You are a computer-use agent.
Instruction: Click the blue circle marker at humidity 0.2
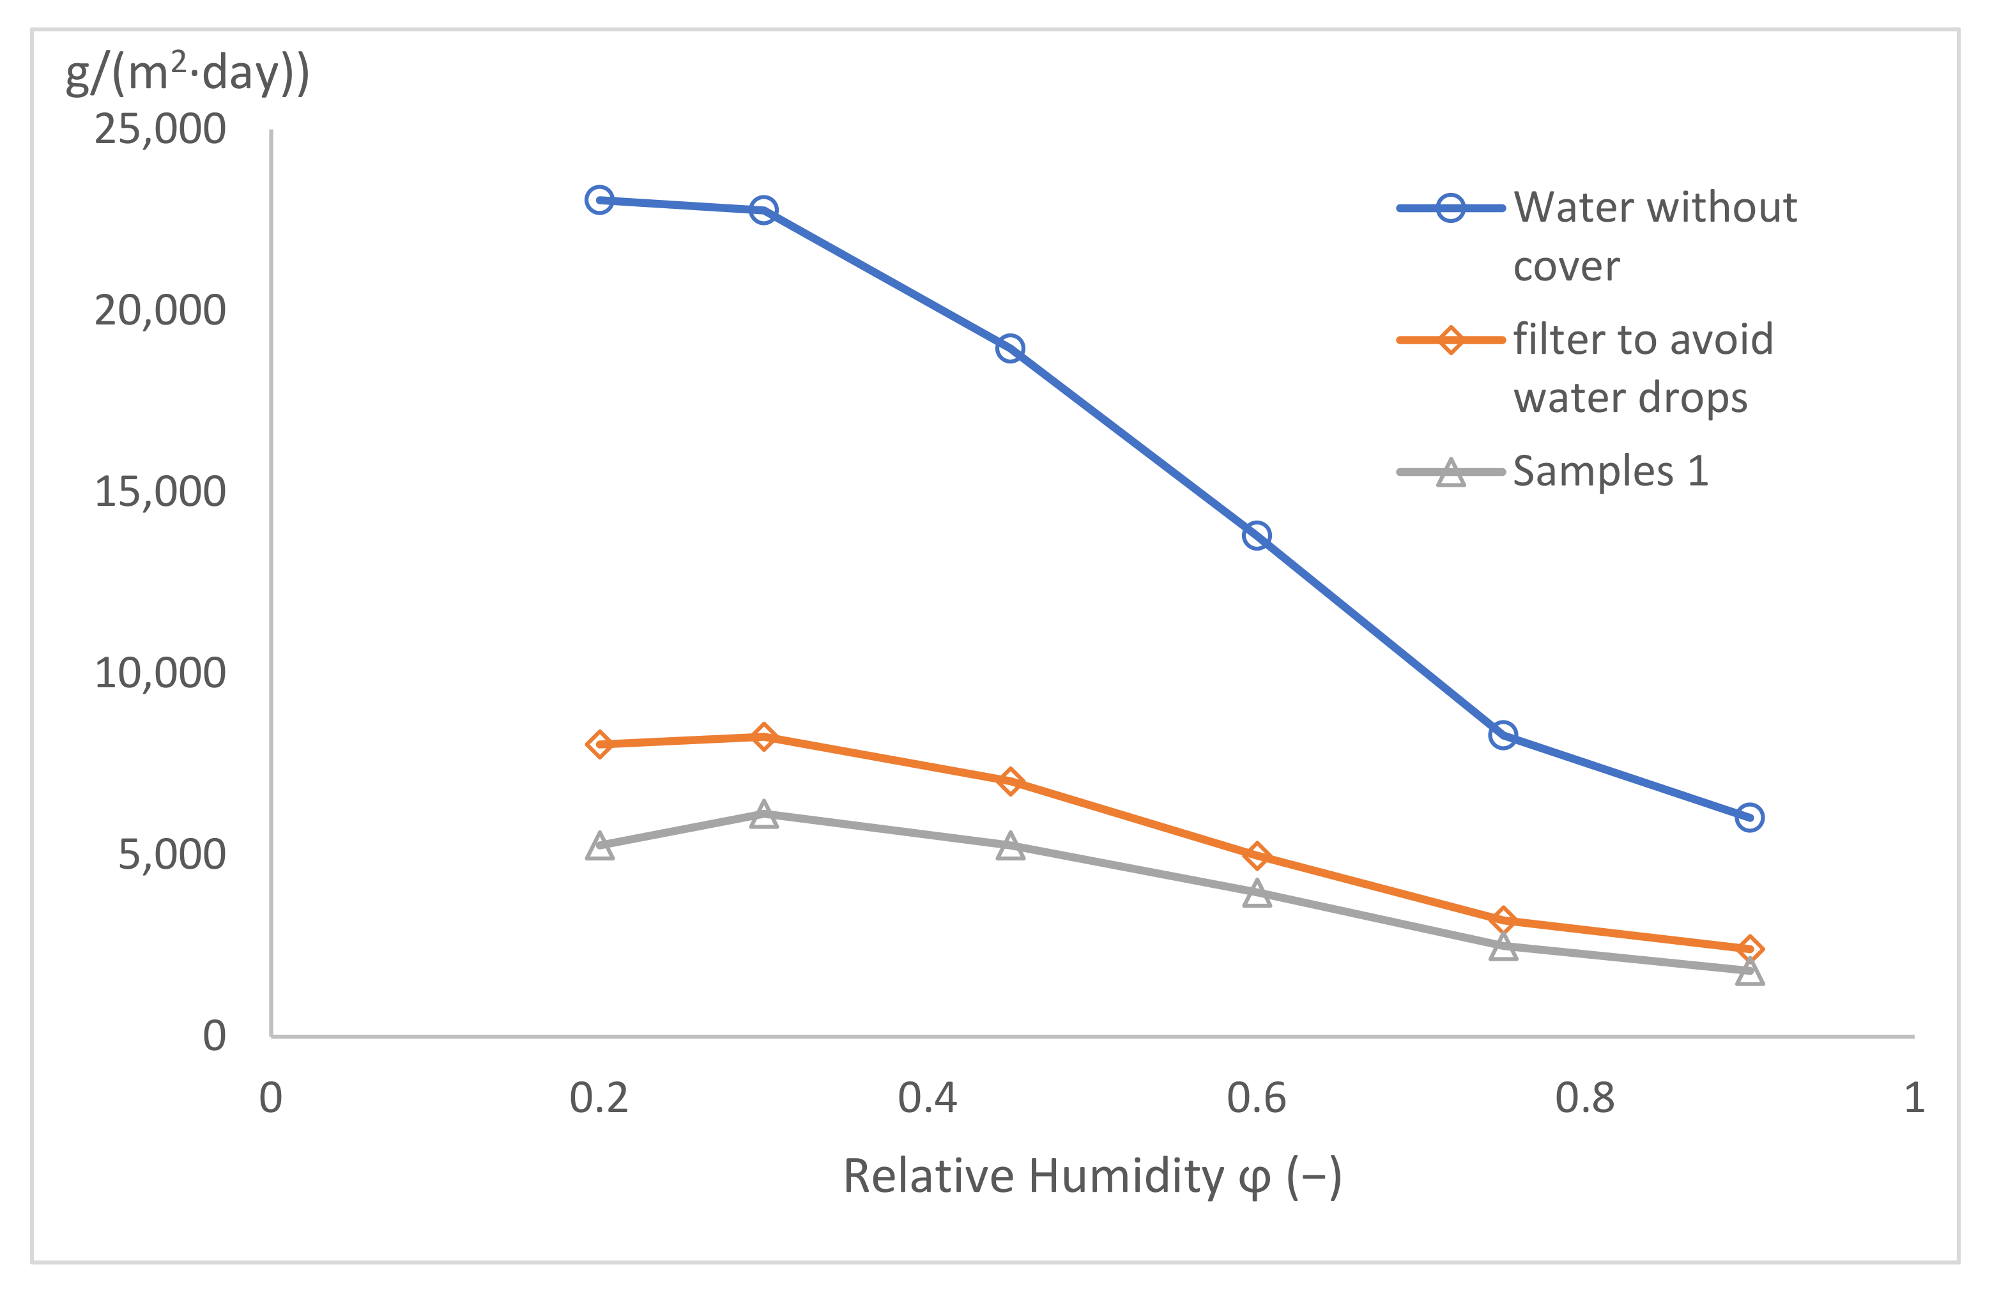(x=599, y=200)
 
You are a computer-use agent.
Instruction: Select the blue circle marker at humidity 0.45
(x=1010, y=348)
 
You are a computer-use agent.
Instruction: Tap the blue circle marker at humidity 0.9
(x=1749, y=817)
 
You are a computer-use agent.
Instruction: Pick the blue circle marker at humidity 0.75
(x=1503, y=735)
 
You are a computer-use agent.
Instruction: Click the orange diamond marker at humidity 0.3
(x=763, y=737)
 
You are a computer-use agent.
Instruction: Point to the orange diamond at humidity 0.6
(x=1256, y=855)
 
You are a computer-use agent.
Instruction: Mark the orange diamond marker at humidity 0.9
(x=1749, y=949)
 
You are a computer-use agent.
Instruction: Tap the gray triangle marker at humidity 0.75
(x=1503, y=947)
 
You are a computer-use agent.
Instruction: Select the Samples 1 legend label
(x=1611, y=471)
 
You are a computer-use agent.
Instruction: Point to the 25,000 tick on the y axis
(x=160, y=130)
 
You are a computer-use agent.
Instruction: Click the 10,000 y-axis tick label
(x=160, y=674)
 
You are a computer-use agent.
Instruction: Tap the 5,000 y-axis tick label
(x=172, y=855)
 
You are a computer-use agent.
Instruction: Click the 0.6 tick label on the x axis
(x=1256, y=1098)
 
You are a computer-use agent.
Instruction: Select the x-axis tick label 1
(x=1914, y=1098)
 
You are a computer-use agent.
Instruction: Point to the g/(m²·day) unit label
(x=187, y=73)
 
